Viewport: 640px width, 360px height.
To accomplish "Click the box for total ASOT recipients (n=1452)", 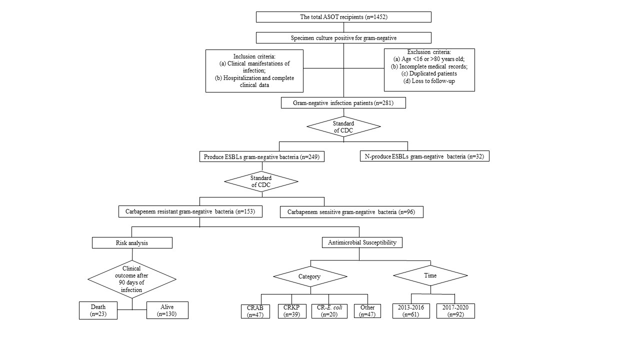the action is (x=343, y=17).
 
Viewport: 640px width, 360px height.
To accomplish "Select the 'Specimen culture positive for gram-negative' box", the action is (x=343, y=37).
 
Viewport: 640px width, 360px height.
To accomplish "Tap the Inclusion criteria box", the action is (x=254, y=71).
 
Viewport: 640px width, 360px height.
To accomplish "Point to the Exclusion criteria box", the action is (x=429, y=70).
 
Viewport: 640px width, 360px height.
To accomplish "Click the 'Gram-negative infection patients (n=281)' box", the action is (x=343, y=103).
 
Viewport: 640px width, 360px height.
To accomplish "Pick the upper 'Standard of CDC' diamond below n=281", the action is (x=343, y=126).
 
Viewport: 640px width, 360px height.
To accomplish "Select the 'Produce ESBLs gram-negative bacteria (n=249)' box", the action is (x=261, y=156).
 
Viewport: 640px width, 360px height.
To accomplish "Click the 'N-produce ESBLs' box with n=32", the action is (x=424, y=156).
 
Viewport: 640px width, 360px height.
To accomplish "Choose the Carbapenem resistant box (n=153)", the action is (x=190, y=211).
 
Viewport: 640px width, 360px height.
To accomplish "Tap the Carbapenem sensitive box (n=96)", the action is (x=351, y=212).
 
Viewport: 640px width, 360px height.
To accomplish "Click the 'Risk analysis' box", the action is (x=132, y=243).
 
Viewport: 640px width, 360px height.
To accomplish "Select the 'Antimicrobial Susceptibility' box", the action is (x=362, y=242).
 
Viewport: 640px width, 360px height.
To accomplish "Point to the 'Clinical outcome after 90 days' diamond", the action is (x=132, y=279).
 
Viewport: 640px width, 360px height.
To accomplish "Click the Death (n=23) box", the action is (x=98, y=310).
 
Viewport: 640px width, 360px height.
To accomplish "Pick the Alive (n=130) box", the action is (x=167, y=310).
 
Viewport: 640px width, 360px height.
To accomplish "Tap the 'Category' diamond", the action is (x=310, y=276).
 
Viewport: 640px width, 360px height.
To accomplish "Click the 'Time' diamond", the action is (x=430, y=275).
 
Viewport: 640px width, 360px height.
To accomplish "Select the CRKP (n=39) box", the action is (x=292, y=311).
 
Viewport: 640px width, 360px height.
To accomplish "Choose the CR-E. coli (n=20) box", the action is (x=329, y=311).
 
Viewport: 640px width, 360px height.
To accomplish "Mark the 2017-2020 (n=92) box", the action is (x=455, y=311).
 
